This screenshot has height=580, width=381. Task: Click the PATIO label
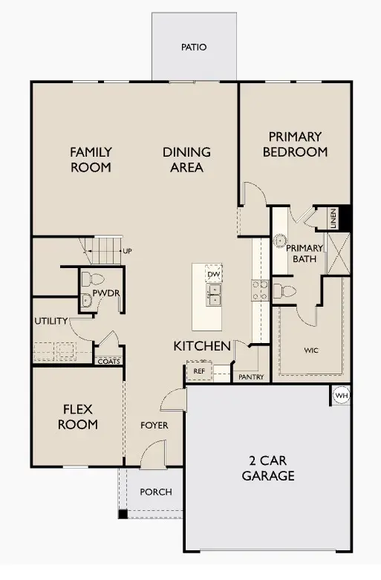194,48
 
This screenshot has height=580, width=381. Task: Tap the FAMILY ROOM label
91,160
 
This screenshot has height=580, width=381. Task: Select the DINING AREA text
186,160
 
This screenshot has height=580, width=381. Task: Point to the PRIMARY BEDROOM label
295,144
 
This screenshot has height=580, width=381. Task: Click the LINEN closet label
333,218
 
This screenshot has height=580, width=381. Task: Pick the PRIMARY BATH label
305,253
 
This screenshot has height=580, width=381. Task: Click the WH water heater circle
341,396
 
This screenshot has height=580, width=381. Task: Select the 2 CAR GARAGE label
268,468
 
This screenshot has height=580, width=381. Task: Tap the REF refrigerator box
199,371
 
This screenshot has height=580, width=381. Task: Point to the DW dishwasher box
214,275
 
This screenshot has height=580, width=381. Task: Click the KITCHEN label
202,346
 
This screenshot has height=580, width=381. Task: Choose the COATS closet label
109,361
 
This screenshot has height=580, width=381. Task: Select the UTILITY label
51,321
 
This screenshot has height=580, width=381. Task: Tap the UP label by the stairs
128,251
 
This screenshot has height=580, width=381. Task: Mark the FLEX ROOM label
79,417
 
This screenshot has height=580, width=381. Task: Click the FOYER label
154,426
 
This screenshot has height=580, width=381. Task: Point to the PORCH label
155,492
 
